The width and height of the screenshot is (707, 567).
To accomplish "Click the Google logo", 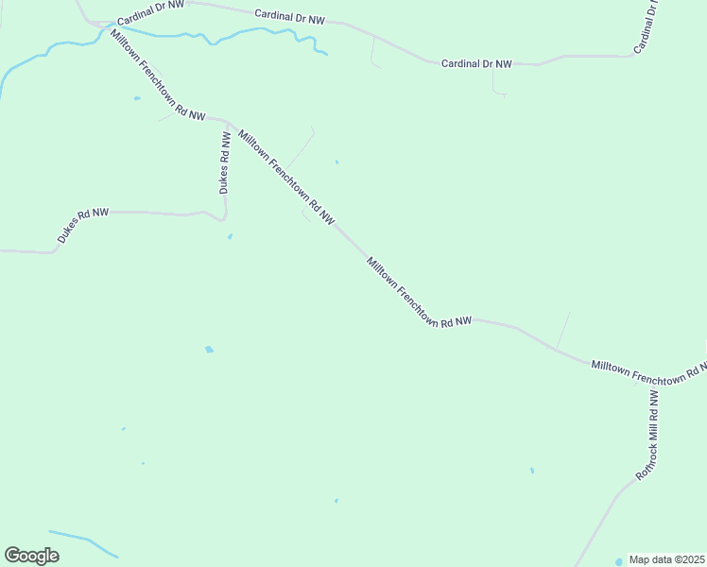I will (31, 556).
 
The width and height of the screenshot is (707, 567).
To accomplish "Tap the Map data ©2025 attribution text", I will (667, 559).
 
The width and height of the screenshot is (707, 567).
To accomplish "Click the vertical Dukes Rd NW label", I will (225, 163).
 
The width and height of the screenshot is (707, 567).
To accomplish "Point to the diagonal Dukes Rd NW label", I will (82, 227).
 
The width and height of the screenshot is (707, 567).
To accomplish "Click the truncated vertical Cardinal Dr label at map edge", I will (647, 26).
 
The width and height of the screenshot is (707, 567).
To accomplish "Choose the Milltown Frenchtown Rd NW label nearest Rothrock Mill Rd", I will (648, 372).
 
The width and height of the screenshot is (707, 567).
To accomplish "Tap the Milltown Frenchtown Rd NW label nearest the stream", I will (157, 76).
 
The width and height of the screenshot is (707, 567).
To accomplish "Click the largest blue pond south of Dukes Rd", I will (209, 350).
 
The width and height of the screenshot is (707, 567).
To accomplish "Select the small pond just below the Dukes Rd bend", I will (230, 236).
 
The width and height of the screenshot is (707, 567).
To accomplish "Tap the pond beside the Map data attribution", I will (620, 560).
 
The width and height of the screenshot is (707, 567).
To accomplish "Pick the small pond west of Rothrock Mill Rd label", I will (532, 470).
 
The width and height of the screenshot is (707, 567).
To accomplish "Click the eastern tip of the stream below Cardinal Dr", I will (326, 54).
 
